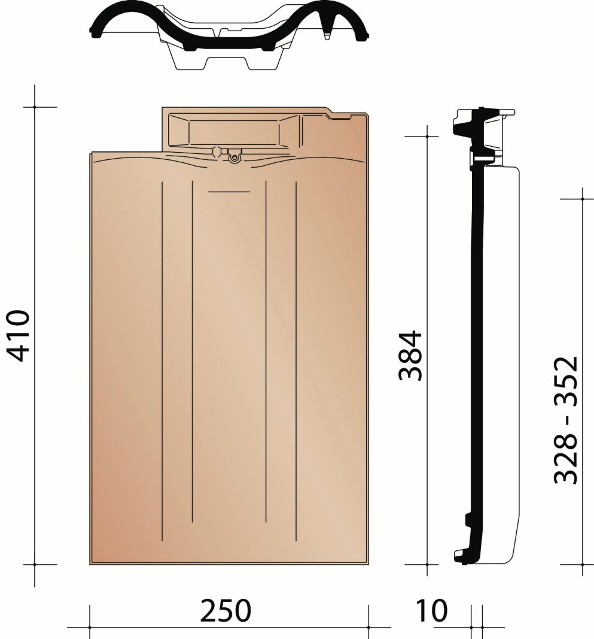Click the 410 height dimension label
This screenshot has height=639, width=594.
tap(19, 336)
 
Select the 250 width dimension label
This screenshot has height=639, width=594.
tap(226, 610)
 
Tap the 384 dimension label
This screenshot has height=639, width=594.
tap(410, 355)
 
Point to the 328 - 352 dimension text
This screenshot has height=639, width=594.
tap(566, 420)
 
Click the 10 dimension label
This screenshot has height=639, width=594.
tap(431, 610)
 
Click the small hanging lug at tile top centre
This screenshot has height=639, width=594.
tap(234, 156)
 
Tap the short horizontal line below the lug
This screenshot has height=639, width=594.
tap(229, 192)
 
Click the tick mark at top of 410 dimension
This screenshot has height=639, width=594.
tap(35, 107)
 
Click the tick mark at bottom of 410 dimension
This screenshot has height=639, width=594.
tap(35, 564)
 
